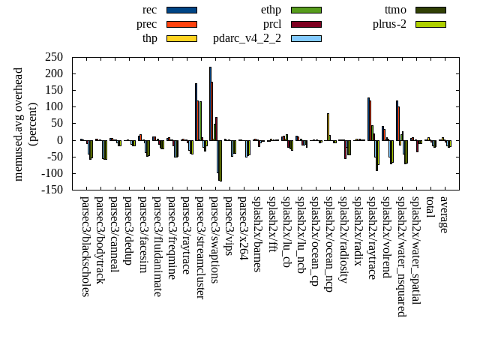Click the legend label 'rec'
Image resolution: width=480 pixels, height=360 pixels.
pyautogui.click(x=149, y=10)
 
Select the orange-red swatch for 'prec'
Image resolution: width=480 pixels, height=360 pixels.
pyautogui.click(x=181, y=24)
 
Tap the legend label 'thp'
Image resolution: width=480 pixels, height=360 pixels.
pyautogui.click(x=149, y=38)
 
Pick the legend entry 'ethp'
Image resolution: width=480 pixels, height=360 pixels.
pyautogui.click(x=271, y=10)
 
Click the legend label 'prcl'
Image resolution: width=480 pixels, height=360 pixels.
pyautogui.click(x=271, y=24)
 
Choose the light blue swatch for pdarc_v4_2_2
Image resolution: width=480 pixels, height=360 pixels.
pyautogui.click(x=306, y=38)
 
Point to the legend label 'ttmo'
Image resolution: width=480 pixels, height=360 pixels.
pyautogui.click(x=395, y=10)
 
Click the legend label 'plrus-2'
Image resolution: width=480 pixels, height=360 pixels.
pyautogui.click(x=389, y=24)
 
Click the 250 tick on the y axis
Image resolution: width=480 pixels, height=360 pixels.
pyautogui.click(x=53, y=57)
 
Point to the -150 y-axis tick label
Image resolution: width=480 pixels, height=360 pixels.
pyautogui.click(x=50, y=190)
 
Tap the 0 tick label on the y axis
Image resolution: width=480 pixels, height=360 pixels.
pyautogui.click(x=60, y=140)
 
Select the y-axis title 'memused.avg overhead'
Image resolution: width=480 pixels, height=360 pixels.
pyautogui.click(x=19, y=124)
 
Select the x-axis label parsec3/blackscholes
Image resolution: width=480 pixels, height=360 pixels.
pyautogui.click(x=85, y=246)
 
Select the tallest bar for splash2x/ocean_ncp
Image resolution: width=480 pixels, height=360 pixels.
pyautogui.click(x=328, y=126)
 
